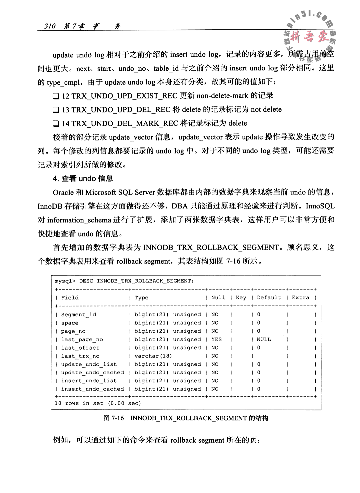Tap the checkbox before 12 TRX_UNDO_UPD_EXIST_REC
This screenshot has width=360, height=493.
(56, 96)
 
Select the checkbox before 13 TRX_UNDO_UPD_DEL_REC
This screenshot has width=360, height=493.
(56, 110)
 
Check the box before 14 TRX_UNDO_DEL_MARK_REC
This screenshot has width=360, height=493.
(56, 124)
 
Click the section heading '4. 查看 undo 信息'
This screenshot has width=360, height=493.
(83, 178)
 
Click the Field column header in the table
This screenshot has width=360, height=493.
(70, 298)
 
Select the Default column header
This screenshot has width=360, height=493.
(269, 298)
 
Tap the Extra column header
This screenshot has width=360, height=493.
(300, 298)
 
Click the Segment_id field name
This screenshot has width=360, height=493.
(78, 315)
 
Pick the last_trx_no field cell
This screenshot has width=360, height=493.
(80, 356)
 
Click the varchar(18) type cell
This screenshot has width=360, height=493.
(153, 356)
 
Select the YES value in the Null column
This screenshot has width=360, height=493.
(216, 339)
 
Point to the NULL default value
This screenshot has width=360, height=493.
(264, 339)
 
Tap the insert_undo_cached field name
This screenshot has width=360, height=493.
(92, 389)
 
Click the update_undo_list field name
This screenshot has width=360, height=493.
(89, 364)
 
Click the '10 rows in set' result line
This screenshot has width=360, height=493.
(98, 403)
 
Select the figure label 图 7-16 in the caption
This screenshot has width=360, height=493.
(114, 418)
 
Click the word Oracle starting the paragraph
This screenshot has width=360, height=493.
(64, 192)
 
